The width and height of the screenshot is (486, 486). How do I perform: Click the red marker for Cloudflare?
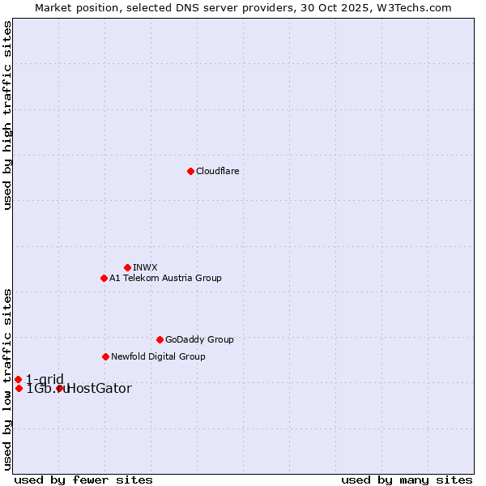[190, 171]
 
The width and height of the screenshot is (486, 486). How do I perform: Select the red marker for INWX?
[127, 267]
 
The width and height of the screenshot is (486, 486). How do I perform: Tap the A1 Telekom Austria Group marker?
[104, 278]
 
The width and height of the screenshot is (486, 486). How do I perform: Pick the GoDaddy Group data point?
[160, 339]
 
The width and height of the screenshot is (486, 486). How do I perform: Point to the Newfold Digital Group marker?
[105, 356]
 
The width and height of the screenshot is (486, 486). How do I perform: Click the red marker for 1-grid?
[18, 379]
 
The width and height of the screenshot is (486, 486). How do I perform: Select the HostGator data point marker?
[59, 389]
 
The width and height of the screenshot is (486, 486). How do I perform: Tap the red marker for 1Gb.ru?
[19, 388]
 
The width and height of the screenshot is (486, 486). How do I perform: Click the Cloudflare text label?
[217, 171]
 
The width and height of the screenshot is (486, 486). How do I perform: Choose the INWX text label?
[145, 267]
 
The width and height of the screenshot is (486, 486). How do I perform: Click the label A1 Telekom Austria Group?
[165, 278]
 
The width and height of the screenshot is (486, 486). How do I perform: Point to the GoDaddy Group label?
[199, 339]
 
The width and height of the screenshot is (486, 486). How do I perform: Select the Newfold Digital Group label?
[158, 356]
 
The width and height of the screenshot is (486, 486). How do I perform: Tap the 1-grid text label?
[45, 379]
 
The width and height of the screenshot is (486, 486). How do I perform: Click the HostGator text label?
[99, 389]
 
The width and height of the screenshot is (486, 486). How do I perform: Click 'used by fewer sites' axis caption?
[83, 480]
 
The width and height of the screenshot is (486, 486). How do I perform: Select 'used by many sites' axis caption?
[407, 480]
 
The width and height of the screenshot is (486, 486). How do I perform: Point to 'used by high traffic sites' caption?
[8, 115]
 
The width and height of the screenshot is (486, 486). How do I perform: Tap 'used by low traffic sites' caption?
[8, 379]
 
